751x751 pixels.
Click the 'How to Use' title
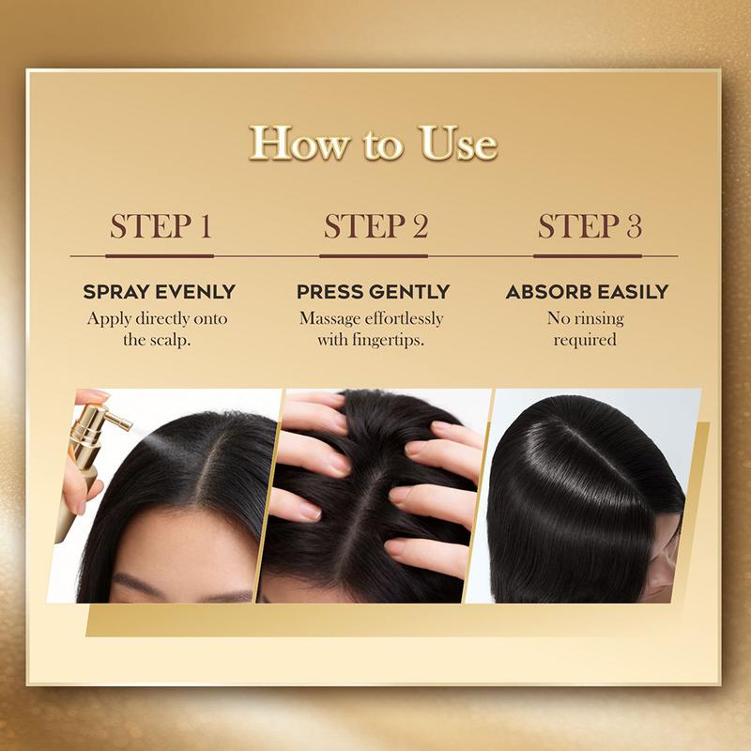(x=373, y=144)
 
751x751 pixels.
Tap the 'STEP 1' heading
(x=161, y=226)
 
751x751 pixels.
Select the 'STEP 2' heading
(x=375, y=226)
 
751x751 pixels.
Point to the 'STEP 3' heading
(x=590, y=226)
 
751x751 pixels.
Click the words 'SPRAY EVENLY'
(x=159, y=292)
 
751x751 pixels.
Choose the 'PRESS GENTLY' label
(x=373, y=292)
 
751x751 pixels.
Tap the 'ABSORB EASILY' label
(x=587, y=292)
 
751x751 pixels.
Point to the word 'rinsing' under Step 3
(x=599, y=318)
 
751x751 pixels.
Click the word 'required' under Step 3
(x=585, y=340)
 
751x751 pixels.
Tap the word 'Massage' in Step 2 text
(x=330, y=318)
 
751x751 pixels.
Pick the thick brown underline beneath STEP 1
(x=160, y=256)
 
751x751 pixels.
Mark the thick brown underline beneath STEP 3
(x=588, y=256)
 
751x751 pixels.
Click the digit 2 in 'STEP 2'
(x=420, y=226)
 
